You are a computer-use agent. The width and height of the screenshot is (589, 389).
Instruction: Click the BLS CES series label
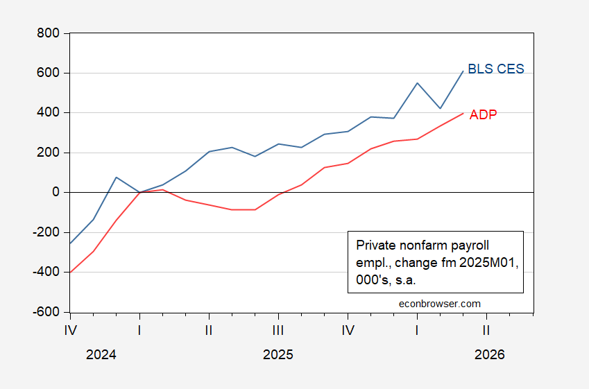click(496, 69)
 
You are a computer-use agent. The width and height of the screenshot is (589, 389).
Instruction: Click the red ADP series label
click(483, 115)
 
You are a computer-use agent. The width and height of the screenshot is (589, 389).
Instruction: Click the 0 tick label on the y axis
click(56, 192)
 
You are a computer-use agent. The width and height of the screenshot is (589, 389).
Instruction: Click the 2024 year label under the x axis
click(101, 355)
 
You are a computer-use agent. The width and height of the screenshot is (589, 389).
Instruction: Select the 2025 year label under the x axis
click(278, 355)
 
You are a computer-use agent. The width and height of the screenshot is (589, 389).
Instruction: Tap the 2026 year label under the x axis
click(490, 355)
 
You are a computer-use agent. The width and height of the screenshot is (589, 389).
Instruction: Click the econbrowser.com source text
click(440, 303)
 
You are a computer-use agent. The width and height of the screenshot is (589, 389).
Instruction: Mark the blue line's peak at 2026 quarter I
click(417, 83)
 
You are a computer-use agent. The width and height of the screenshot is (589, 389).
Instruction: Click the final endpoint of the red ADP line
click(463, 113)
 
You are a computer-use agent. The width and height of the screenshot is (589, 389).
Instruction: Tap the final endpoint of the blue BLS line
click(463, 71)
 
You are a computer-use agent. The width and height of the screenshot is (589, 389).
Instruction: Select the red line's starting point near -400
click(71, 272)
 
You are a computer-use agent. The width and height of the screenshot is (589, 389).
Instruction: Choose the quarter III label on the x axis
click(278, 330)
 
